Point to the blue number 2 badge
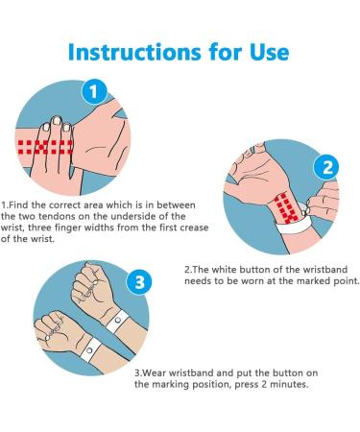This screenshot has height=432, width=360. pyautogui.click(x=327, y=168)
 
